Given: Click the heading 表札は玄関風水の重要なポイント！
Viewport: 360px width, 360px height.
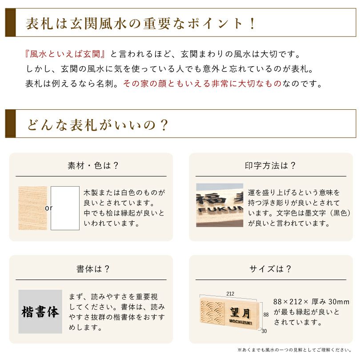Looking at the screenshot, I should [x=141, y=24].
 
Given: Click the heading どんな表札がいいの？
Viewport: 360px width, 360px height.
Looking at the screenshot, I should [x=97, y=124].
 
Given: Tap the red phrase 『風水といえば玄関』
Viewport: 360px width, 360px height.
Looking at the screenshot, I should [x=66, y=54].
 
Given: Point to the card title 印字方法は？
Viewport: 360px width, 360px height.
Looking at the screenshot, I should [x=271, y=166].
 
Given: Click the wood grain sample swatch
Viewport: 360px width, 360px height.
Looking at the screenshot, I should [x=32, y=208].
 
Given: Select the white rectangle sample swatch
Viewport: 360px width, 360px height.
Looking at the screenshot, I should [x=65, y=208].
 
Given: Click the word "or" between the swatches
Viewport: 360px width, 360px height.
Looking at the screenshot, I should [x=48, y=208].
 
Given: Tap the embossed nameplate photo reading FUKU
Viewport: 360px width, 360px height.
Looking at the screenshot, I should [x=220, y=205].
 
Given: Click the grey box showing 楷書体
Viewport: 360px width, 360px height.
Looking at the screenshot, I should [x=40, y=312].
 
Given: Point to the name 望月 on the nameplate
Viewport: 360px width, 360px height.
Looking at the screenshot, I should [x=240, y=310].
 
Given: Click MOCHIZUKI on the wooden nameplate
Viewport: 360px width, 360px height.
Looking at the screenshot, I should [x=240, y=322].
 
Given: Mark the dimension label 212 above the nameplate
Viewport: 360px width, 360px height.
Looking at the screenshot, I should [x=230, y=294].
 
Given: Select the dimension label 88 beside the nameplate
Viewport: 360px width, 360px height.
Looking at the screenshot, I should [x=266, y=314].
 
